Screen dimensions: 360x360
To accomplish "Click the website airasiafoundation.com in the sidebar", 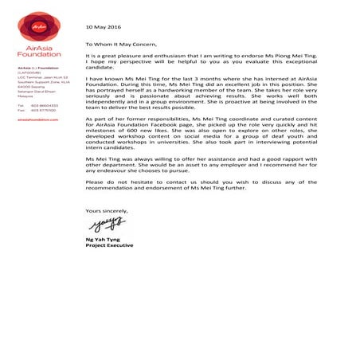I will [37, 119].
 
